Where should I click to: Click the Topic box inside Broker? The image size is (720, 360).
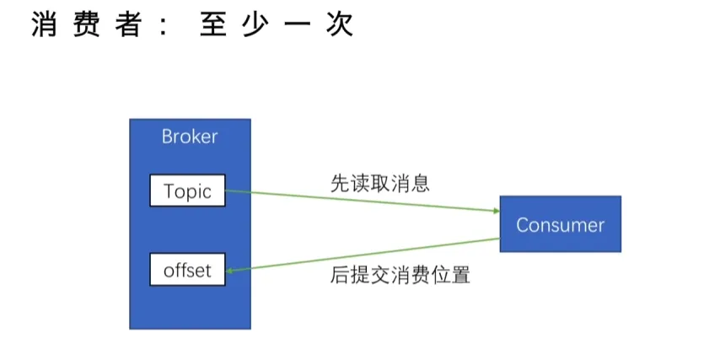187,191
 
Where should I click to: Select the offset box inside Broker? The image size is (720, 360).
187,271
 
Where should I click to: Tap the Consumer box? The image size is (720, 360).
560,224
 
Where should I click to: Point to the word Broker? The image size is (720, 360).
190,137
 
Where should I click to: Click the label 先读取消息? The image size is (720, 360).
379,184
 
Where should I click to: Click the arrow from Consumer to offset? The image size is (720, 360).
363,255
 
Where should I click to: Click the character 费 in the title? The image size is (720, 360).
88,24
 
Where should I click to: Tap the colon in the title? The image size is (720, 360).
163,25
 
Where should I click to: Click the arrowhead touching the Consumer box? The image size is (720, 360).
494,212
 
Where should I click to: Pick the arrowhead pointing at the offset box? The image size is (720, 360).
231,270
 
